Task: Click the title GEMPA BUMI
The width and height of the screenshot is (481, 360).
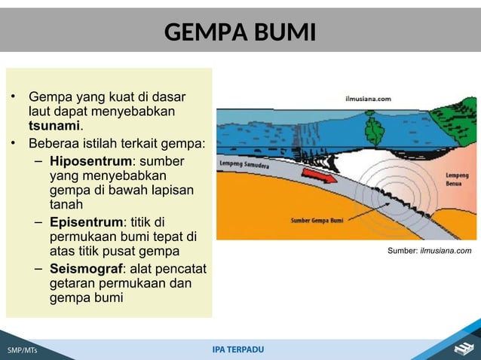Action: pos(240,33)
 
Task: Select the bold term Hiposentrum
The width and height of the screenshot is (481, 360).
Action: pos(90,161)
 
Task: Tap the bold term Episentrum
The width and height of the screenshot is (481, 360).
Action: pos(86,222)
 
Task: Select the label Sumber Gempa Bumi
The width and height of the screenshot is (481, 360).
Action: pos(317,221)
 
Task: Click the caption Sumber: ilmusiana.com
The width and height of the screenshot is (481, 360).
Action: pos(429,251)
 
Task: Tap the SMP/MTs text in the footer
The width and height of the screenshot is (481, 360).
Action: pos(22,351)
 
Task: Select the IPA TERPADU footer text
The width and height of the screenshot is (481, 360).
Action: pos(238,349)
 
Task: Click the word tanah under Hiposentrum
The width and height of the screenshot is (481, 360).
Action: pos(66,204)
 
